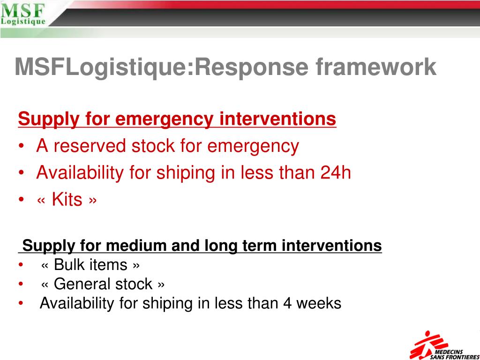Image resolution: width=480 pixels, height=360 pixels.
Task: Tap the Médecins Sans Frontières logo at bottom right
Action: pyautogui.click(x=443, y=346)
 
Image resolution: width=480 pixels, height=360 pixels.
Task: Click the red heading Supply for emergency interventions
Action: pyautogui.click(x=177, y=119)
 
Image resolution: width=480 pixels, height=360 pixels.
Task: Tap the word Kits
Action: pyautogui.click(x=67, y=200)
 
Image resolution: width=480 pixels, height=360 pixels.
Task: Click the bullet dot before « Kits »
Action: pyautogui.click(x=22, y=200)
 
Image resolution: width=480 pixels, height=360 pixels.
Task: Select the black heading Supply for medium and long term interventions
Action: pyautogui.click(x=202, y=246)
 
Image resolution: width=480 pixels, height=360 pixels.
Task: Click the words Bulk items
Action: pyautogui.click(x=90, y=265)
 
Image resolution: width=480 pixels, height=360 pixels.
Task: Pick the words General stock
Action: pyautogui.click(x=103, y=284)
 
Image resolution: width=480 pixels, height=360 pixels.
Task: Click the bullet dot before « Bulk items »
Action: pyautogui.click(x=21, y=265)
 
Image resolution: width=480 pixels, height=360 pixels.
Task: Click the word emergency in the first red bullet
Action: pyautogui.click(x=253, y=146)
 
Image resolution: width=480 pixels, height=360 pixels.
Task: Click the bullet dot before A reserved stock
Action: pyautogui.click(x=22, y=147)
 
